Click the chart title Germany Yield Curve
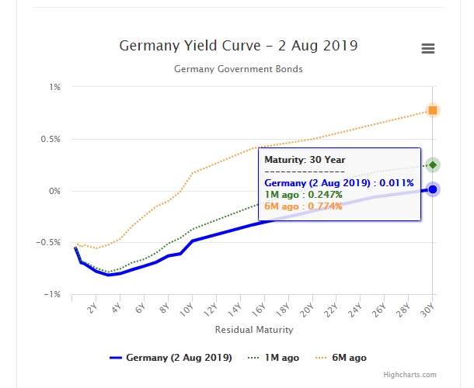pos(238,46)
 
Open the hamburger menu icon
pos(427,48)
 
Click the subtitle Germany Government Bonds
pos(238,69)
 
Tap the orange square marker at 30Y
pos(433,110)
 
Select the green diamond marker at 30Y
pos(433,165)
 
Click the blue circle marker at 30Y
pos(433,189)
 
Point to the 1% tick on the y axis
pos(55,87)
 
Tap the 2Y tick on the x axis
pos(92,309)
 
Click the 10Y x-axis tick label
pos(186,310)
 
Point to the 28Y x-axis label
pos(403,310)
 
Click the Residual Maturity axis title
pos(254,330)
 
